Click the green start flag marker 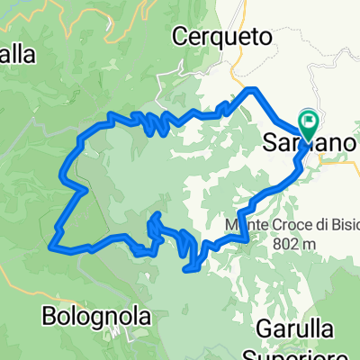(310, 121)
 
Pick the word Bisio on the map (328, 227)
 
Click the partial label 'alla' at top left (17, 55)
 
